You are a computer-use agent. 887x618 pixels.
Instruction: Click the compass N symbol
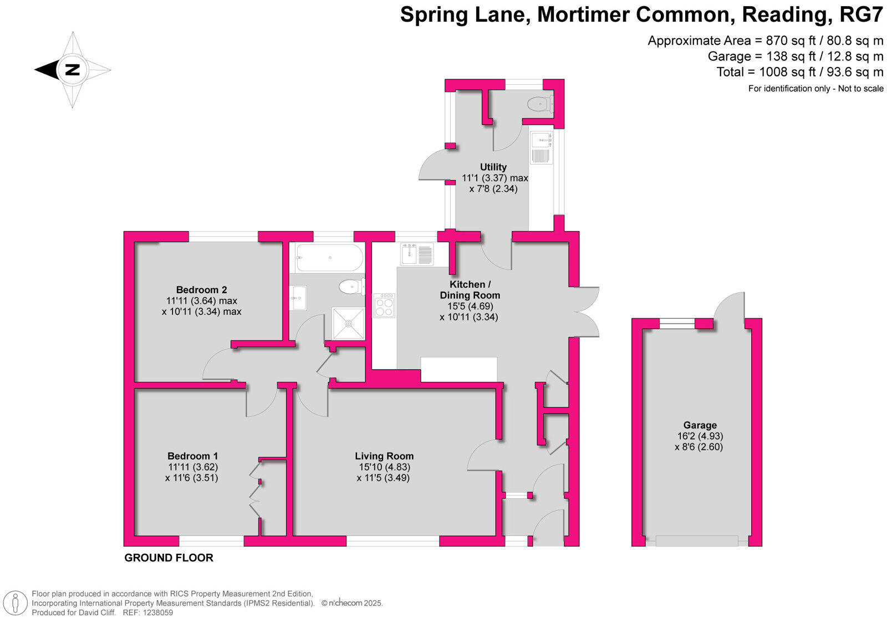coord(73,70)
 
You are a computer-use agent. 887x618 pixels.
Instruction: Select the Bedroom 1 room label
coord(192,456)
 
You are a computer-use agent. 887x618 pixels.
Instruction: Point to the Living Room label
coord(384,456)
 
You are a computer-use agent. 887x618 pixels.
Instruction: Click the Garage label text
coord(700,426)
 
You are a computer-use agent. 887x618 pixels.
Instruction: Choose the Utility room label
coord(493,167)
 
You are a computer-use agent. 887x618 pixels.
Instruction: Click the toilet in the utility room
coord(539,104)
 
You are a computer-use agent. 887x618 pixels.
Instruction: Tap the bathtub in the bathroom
coord(329,258)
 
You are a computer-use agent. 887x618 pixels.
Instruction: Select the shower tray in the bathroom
coord(348,323)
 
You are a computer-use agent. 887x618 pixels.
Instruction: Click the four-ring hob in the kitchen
coord(384,305)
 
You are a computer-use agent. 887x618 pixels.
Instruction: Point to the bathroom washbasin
coord(298,298)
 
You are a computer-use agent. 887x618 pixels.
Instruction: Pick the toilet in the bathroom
coord(351,287)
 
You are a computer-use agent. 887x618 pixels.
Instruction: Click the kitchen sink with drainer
coord(417,254)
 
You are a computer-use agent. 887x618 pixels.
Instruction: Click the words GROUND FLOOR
coord(169,558)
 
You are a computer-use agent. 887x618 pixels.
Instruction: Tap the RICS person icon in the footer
coord(17,602)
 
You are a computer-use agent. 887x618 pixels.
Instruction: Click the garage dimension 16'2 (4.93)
coord(700,436)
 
